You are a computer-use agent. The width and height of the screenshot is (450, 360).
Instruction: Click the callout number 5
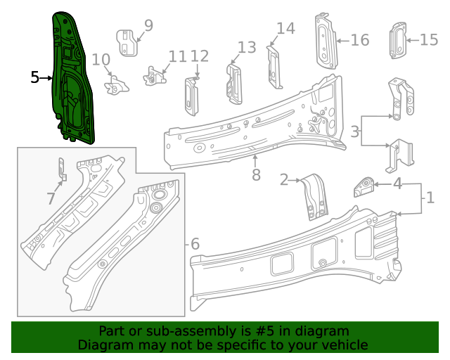35,77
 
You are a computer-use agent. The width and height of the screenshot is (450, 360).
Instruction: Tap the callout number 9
148,26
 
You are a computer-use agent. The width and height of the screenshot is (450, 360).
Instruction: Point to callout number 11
177,56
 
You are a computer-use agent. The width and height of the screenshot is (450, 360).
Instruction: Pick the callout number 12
200,56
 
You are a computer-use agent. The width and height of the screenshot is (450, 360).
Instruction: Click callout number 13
247,47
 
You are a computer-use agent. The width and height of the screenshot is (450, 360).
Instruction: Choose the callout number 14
285,28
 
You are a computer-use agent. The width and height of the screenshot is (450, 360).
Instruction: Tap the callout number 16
359,40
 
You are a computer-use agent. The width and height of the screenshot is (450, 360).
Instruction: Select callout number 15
429,40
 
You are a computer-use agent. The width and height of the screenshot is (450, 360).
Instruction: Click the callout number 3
356,130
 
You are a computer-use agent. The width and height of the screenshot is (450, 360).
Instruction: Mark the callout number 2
284,180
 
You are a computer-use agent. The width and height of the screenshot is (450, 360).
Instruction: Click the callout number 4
397,184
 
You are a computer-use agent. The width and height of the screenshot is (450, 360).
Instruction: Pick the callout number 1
430,198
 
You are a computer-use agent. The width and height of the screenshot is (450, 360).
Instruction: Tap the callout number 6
195,244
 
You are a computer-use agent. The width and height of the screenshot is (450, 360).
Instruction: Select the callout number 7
51,199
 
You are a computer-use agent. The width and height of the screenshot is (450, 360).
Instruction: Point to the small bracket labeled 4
363,187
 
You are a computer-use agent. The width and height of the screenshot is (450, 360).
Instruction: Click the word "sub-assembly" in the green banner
184,331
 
